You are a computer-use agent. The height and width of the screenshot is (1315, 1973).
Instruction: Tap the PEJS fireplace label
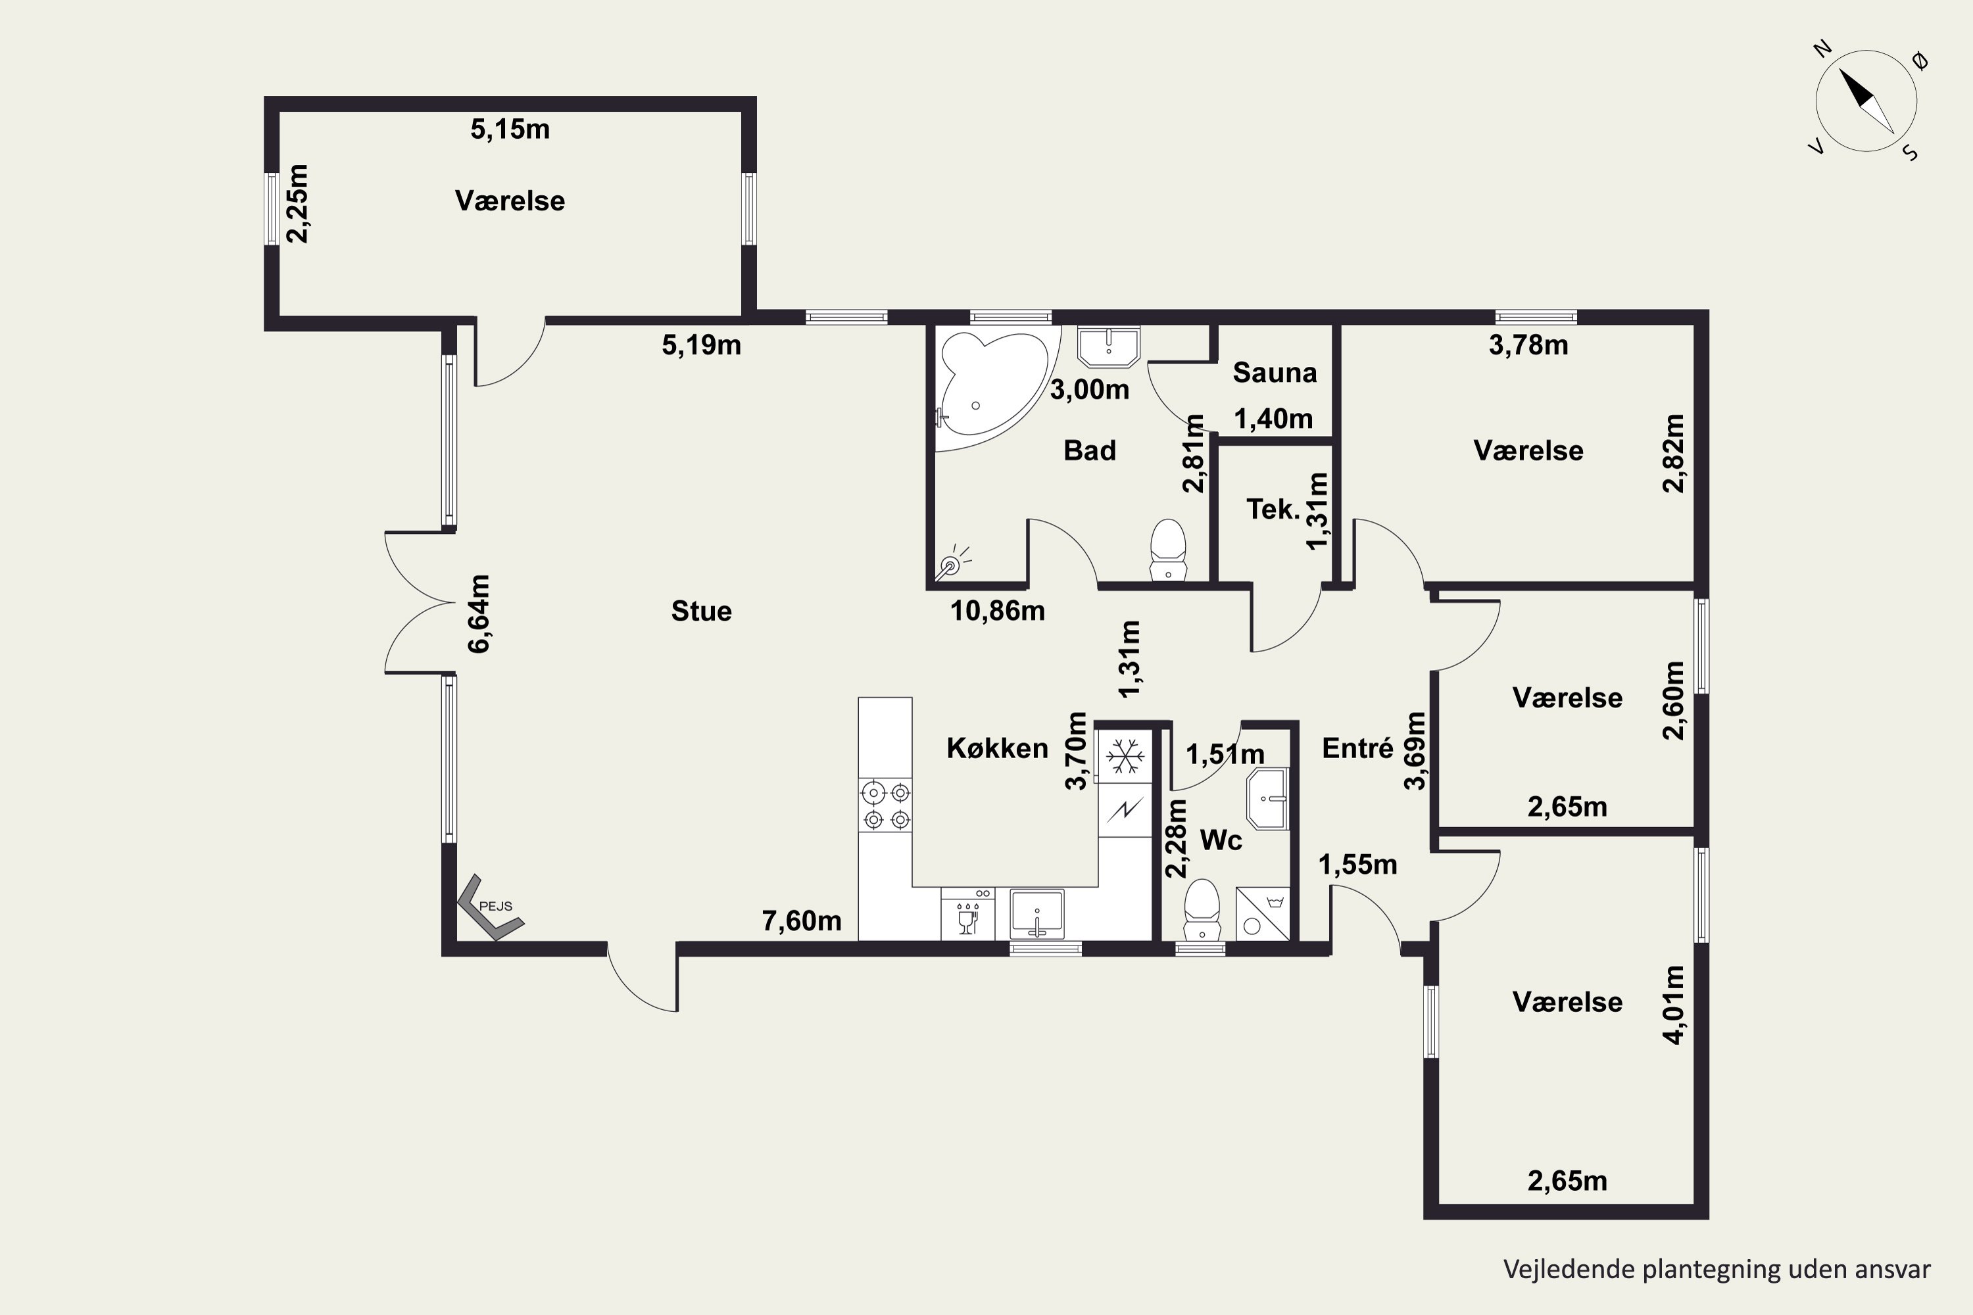pos(495,906)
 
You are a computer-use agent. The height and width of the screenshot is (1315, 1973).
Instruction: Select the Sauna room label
pos(1275,372)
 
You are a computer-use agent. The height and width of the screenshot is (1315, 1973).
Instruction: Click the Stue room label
pos(701,611)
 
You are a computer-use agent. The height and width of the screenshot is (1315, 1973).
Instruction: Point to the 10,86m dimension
pos(998,611)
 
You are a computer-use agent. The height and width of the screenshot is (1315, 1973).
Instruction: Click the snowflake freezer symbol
pos(1125,755)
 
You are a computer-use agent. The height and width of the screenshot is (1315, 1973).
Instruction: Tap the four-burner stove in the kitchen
pos(886,805)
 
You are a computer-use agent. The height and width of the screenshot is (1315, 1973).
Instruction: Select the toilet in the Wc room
pos(1202,909)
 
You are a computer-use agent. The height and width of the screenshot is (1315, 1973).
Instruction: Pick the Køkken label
pos(998,748)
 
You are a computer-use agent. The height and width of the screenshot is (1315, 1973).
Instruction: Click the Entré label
pos(1357,748)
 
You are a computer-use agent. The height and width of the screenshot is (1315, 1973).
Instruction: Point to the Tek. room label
pos(1273,509)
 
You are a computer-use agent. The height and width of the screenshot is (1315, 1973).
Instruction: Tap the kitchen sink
pos(1037,914)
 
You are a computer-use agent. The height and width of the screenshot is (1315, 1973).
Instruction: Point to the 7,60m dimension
pos(801,921)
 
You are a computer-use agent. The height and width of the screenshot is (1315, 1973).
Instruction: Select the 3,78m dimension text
pos(1528,345)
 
